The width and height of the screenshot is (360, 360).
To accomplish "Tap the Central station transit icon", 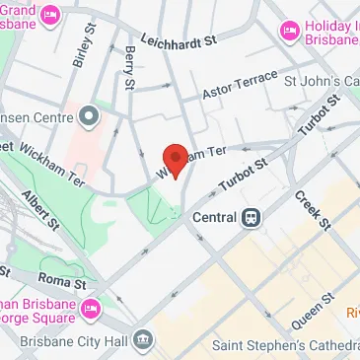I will (252, 217).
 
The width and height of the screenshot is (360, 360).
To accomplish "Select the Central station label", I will (214, 217).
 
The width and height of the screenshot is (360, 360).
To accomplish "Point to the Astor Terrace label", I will (235, 92).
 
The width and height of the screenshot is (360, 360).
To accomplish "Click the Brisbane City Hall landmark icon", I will (143, 340).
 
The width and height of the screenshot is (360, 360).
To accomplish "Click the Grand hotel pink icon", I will (50, 17).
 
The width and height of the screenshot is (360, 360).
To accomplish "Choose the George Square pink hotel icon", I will (93, 308).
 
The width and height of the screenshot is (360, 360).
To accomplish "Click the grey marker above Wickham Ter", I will (91, 116).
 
